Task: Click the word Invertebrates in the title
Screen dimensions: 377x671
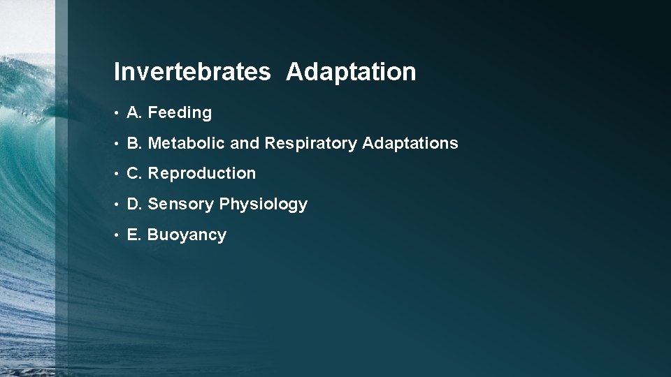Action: pyautogui.click(x=192, y=71)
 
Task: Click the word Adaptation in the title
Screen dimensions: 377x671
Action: pyautogui.click(x=350, y=71)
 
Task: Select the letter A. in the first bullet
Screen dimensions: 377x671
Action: pyautogui.click(x=135, y=112)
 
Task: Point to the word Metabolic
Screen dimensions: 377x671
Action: pyautogui.click(x=187, y=144)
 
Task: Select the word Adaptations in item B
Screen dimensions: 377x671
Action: pyautogui.click(x=410, y=144)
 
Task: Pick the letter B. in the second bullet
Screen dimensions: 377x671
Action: pyautogui.click(x=135, y=144)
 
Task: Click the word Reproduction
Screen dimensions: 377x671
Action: pyautogui.click(x=202, y=173)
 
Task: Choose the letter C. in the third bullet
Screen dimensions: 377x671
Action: pyautogui.click(x=135, y=173)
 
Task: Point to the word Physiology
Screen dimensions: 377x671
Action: pyautogui.click(x=264, y=205)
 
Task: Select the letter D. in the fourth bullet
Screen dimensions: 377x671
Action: pyautogui.click(x=135, y=204)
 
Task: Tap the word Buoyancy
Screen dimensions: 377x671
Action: pyautogui.click(x=187, y=235)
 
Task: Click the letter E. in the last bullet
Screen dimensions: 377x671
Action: pyautogui.click(x=135, y=235)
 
